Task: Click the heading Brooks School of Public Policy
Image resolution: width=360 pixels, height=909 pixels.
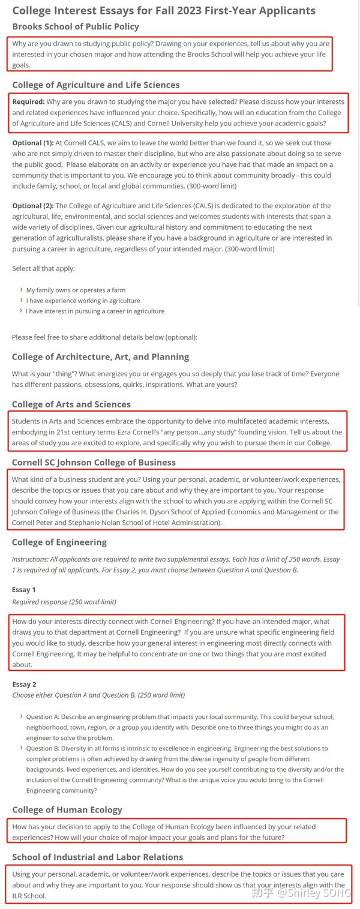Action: point(76,26)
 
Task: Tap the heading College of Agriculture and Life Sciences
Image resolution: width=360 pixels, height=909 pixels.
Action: point(96,85)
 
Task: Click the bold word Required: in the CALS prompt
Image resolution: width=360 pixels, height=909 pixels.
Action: point(28,102)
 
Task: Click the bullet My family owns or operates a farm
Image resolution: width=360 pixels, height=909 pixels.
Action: point(76,290)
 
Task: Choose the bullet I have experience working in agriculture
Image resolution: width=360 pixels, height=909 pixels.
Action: point(83,301)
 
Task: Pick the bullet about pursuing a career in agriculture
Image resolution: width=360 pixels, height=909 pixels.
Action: point(95,311)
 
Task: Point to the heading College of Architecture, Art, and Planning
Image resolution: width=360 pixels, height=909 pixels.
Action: point(100,356)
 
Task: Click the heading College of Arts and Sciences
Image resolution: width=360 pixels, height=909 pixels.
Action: point(71,404)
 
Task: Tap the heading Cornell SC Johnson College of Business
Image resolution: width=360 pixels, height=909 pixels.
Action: point(94,462)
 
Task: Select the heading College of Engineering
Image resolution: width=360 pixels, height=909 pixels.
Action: point(59,542)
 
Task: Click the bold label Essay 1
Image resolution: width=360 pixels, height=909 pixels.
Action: point(24,590)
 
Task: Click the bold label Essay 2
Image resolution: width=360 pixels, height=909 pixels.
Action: point(24,684)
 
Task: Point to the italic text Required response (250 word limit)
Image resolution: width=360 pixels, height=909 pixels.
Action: point(64,602)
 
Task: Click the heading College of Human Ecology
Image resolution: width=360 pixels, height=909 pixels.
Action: point(67,809)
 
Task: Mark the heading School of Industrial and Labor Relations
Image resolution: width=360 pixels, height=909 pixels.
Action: point(98,857)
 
